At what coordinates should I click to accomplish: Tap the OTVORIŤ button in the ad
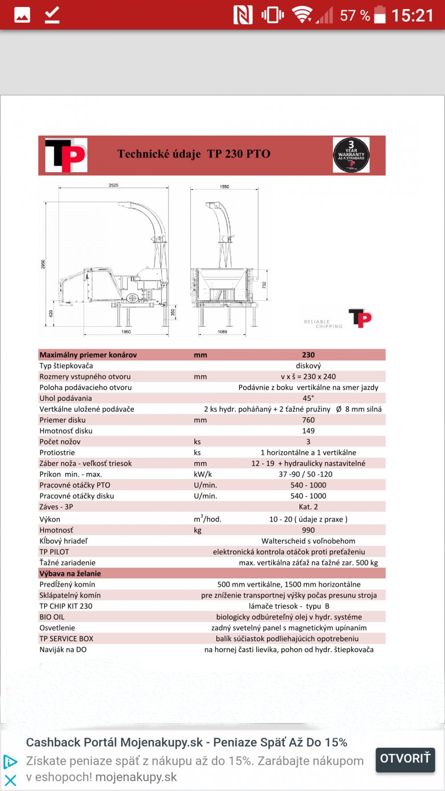click(x=405, y=758)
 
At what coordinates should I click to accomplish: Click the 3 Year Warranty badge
click(x=351, y=155)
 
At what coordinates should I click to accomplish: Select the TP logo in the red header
click(x=66, y=155)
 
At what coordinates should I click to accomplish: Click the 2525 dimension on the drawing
click(x=113, y=185)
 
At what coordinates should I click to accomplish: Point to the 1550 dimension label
click(x=224, y=187)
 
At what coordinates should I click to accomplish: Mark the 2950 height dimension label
click(x=43, y=264)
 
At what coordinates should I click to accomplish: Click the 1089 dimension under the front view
click(x=222, y=332)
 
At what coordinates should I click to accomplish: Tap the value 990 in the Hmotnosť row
click(x=308, y=530)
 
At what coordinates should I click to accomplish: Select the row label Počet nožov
click(x=60, y=442)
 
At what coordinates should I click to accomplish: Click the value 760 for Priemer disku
click(x=308, y=420)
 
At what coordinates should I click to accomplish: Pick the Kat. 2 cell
click(x=308, y=507)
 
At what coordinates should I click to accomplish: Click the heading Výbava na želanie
click(x=70, y=574)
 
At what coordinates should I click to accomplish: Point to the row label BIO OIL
click(x=52, y=617)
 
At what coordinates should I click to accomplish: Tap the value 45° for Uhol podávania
click(x=308, y=398)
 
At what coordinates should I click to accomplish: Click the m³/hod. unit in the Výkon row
click(x=207, y=519)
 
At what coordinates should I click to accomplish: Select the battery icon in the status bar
click(x=380, y=15)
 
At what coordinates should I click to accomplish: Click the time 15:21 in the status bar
click(x=412, y=16)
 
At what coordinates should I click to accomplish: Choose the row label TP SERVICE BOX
click(x=66, y=639)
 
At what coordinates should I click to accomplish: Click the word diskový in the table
click(x=308, y=366)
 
